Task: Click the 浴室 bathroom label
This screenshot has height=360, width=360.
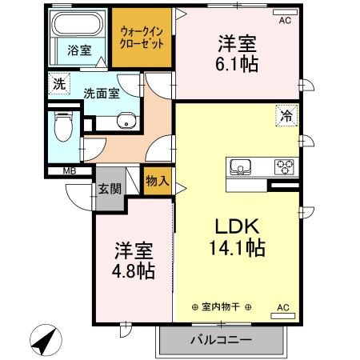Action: coord(78,50)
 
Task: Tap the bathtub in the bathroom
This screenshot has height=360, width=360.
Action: coord(80,25)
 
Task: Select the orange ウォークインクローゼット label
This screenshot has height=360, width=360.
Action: coord(142,38)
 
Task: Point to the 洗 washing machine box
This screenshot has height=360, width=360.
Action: coord(58,82)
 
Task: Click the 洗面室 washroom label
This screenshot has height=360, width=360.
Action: coord(102,92)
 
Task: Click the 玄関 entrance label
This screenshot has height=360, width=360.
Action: coord(110,190)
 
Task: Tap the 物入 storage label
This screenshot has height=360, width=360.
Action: coord(158,182)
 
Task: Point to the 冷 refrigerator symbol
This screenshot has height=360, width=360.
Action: coord(285,115)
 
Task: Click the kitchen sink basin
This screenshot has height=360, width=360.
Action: coord(241,167)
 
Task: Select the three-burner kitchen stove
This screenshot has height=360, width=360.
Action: coord(283,167)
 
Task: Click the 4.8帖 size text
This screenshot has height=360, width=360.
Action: coord(133,270)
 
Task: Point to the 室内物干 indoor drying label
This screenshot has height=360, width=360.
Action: coord(222,307)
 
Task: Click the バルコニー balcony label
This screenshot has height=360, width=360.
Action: coord(221,339)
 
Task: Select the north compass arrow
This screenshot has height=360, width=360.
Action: coord(43,342)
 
